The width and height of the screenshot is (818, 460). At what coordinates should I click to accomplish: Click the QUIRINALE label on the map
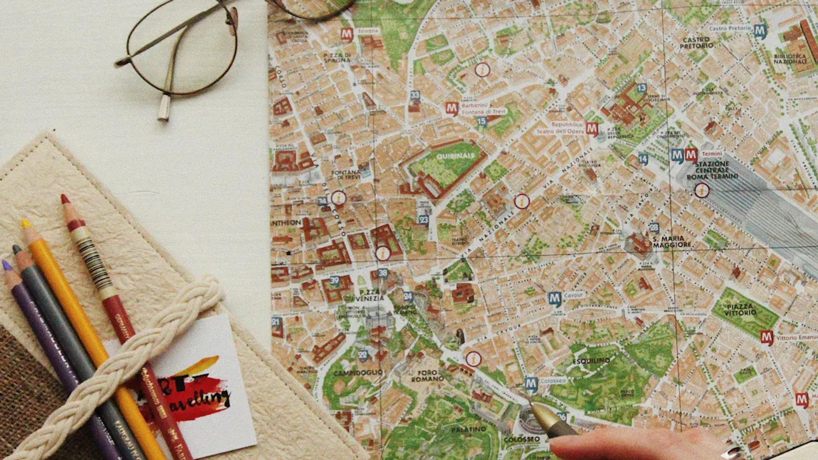455,156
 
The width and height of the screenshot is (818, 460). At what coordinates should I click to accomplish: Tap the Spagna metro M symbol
347,34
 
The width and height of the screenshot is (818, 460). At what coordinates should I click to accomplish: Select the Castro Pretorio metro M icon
760,30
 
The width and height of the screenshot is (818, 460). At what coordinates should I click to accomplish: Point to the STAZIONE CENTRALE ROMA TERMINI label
712,170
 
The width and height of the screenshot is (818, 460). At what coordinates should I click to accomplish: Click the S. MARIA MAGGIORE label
672,241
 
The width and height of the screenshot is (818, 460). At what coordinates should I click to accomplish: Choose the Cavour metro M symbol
554,299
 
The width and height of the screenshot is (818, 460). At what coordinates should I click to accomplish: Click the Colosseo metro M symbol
531,384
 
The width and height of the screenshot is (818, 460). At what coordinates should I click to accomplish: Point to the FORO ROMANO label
427,376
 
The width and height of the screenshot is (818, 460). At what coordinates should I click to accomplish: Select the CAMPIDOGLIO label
358,373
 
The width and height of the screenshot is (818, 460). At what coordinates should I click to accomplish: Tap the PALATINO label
468,430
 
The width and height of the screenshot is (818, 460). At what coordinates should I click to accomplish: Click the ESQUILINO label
591,361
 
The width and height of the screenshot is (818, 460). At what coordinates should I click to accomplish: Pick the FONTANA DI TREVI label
346,175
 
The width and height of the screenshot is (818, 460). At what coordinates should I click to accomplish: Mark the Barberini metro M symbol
452,108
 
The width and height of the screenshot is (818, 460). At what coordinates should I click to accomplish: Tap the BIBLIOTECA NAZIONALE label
790,59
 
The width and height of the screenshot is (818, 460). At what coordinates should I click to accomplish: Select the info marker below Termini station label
701,190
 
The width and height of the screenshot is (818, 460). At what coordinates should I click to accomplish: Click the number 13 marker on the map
641,88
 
